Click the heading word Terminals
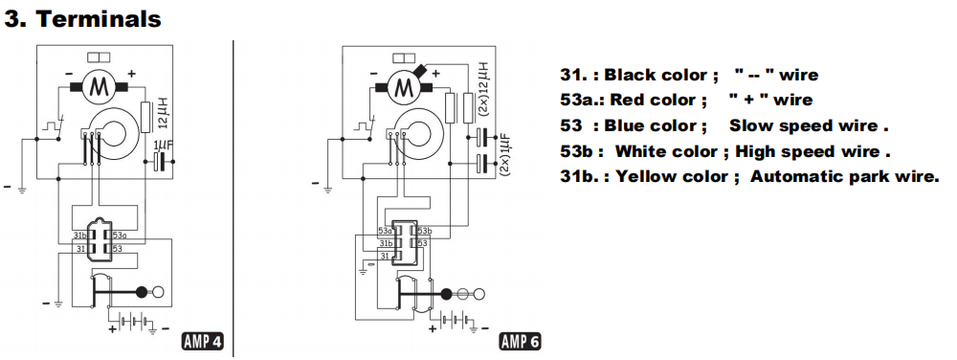[99, 19]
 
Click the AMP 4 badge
[203, 342]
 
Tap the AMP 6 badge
[520, 342]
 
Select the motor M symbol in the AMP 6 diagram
[402, 86]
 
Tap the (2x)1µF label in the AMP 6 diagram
[504, 155]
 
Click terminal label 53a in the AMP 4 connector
[119, 236]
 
